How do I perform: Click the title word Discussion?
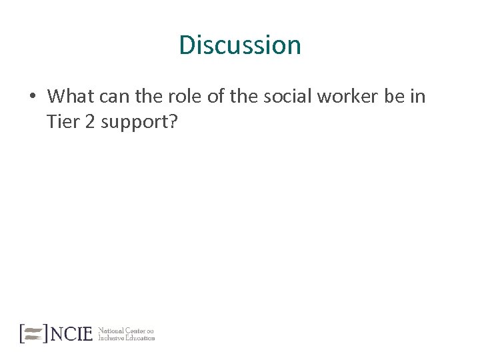tap(240, 45)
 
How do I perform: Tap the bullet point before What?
tap(32, 97)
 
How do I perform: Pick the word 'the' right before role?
tap(148, 97)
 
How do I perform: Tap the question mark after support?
tap(170, 122)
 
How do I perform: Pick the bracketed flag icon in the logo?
tap(33, 333)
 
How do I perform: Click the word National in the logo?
tap(111, 330)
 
